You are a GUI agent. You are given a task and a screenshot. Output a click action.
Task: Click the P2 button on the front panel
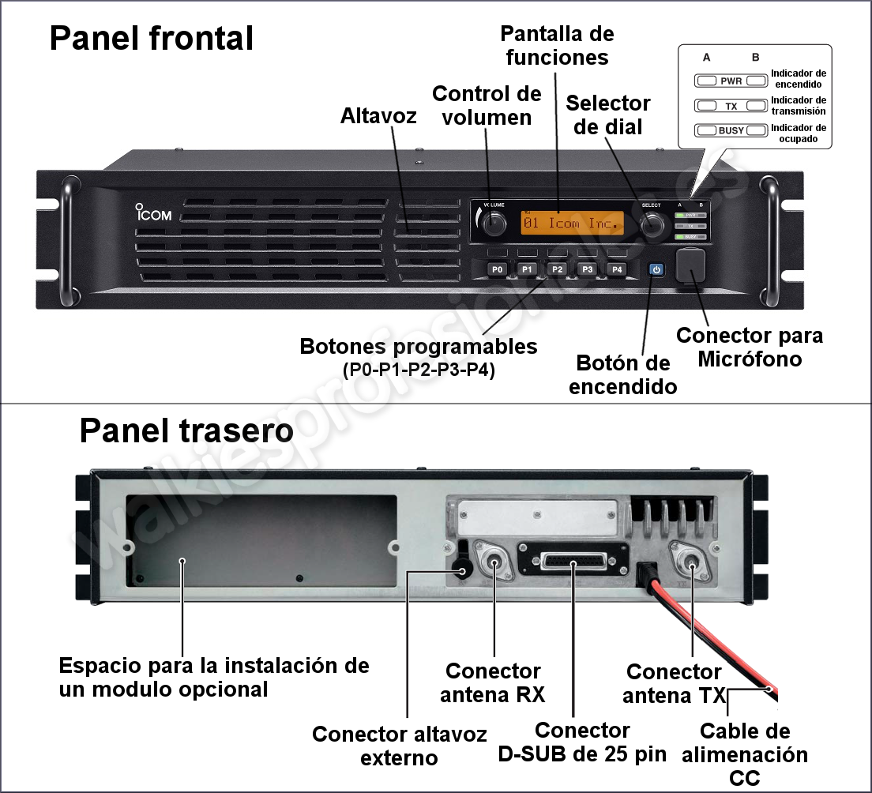tap(557, 270)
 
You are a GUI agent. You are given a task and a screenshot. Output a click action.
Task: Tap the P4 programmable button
tap(617, 270)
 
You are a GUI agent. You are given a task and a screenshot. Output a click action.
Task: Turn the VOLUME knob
tap(494, 224)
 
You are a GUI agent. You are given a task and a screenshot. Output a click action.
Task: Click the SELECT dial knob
tap(652, 226)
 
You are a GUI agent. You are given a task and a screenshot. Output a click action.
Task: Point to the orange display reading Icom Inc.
tap(572, 224)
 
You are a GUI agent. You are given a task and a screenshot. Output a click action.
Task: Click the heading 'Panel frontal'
tap(152, 38)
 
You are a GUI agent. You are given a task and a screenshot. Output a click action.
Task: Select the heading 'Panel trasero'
tap(186, 431)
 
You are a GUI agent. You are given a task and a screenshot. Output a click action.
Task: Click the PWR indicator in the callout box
tap(731, 81)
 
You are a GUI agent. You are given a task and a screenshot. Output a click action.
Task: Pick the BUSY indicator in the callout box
tap(731, 130)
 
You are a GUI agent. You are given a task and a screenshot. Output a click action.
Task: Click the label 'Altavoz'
tap(378, 115)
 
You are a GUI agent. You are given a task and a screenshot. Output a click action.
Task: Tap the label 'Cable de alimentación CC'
tap(745, 754)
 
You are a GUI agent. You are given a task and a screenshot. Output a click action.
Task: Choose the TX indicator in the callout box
tap(731, 105)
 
